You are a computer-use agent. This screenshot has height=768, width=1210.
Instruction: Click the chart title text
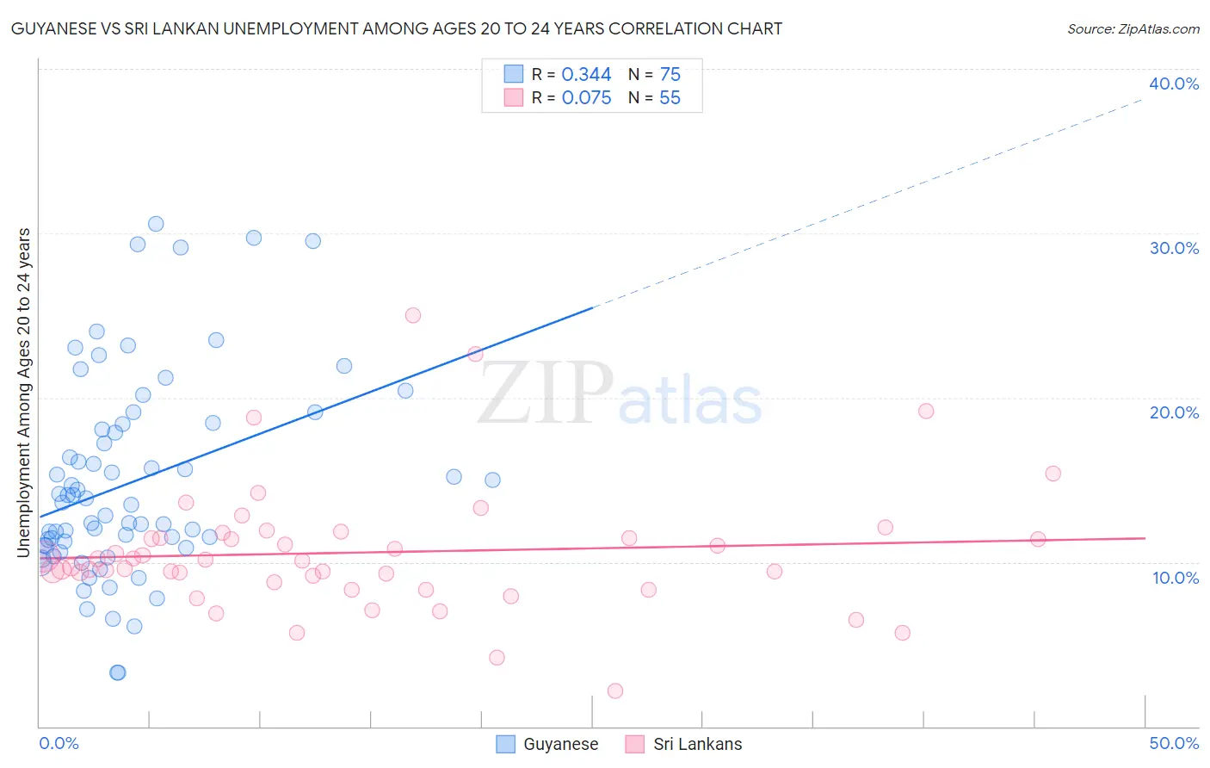pos(396,28)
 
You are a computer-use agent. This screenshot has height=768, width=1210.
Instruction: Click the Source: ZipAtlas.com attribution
pos(1133,28)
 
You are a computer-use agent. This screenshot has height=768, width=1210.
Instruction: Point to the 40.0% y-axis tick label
pos(1173,84)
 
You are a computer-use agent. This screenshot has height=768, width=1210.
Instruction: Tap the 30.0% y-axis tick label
pos(1173,248)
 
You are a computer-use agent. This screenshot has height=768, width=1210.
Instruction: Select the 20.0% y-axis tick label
pos(1173,412)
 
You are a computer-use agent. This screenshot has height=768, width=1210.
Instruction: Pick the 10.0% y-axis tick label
pos(1175,578)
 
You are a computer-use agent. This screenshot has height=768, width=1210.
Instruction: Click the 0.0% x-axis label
pos(59,743)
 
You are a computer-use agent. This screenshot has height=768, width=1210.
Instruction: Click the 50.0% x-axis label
pos(1173,743)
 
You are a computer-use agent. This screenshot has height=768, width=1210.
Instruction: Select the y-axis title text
pos(24,393)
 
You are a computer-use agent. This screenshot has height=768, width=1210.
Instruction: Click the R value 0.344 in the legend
pos(586,75)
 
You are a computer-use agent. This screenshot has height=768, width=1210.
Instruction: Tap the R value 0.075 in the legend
pos(586,98)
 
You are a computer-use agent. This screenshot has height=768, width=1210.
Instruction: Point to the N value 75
pos(670,75)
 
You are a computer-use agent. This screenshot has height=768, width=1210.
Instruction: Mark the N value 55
pos(670,98)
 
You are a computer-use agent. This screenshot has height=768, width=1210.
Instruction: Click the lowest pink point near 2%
pos(614,691)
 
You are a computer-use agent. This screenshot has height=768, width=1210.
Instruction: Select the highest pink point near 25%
pos(412,315)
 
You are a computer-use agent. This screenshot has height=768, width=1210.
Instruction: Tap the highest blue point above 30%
pos(156,224)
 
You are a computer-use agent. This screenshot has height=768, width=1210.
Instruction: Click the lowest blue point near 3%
pos(118,672)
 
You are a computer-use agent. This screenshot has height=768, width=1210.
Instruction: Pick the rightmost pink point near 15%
pos(1053,474)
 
